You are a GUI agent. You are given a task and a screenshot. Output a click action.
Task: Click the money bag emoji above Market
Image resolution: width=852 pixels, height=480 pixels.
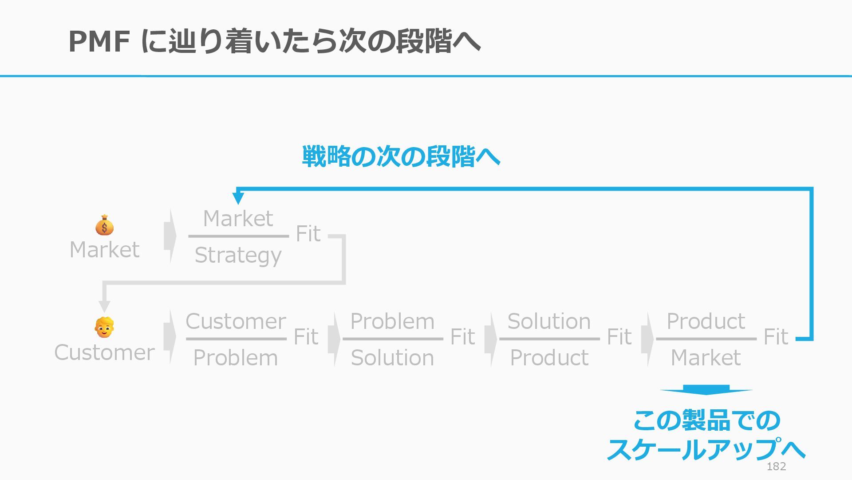tap(104, 225)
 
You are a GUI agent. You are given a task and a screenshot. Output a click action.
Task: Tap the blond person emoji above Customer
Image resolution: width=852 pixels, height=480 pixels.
tap(104, 328)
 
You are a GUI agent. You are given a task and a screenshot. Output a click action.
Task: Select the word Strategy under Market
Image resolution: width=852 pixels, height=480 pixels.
tap(238, 256)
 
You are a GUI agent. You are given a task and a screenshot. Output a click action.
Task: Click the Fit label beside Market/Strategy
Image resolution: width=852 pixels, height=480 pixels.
tap(308, 234)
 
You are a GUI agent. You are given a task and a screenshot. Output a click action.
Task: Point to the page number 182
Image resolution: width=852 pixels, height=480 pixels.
tap(776, 466)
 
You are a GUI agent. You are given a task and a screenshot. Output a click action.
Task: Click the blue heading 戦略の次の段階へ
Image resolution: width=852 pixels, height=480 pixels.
tap(401, 156)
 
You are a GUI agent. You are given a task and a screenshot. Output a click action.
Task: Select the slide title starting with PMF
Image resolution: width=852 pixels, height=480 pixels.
tap(274, 41)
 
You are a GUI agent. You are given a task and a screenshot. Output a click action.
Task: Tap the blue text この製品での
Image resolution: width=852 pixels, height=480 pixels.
tap(706, 420)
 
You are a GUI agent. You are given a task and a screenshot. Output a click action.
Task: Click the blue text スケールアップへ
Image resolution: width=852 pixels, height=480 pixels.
tap(706, 449)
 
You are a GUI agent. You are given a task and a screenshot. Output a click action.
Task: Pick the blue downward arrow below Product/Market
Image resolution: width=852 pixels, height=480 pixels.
tap(706, 390)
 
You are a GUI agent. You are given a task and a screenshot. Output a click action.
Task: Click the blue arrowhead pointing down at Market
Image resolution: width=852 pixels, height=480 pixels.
tap(238, 197)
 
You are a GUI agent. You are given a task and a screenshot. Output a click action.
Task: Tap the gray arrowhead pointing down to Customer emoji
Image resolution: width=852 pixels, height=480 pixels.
tap(104, 306)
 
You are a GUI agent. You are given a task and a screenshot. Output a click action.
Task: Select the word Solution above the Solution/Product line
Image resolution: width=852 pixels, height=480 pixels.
tap(549, 321)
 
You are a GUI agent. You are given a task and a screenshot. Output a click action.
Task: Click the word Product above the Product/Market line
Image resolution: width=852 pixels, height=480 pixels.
tap(706, 321)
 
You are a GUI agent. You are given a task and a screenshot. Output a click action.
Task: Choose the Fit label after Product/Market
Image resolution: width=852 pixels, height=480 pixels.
tap(776, 337)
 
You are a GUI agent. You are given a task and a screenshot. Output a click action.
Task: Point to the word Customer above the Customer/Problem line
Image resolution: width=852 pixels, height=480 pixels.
tap(236, 321)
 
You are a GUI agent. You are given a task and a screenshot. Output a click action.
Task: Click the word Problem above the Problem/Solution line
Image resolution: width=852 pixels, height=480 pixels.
tap(392, 321)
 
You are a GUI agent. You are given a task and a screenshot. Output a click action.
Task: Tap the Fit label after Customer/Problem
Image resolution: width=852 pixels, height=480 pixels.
tap(306, 337)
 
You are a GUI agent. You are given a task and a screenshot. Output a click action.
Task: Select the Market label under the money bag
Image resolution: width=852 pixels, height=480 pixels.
tap(104, 250)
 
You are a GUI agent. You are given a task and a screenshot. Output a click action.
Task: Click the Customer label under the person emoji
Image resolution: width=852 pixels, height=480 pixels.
tap(104, 352)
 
